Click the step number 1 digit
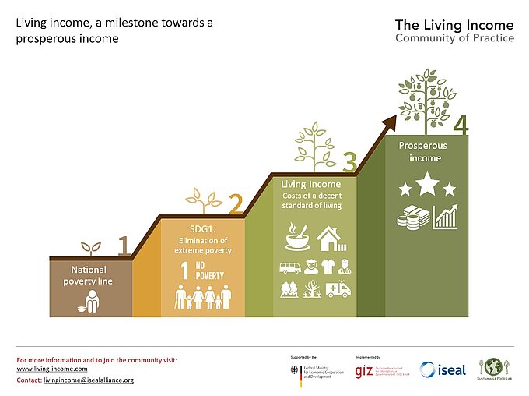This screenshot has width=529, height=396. click(123, 246)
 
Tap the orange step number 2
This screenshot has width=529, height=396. click(236, 204)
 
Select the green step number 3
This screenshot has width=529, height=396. click(349, 161)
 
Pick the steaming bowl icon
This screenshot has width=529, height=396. click(297, 237)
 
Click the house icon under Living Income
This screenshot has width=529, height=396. click(331, 238)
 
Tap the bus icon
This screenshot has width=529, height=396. click(289, 267)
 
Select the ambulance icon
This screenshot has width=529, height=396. click(339, 290)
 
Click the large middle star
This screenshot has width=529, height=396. click(426, 185)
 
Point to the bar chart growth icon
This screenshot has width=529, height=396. click(446, 217)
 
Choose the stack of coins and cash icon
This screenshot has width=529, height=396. click(412, 217)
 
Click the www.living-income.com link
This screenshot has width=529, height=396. click(51, 368)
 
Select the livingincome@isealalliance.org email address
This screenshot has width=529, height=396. click(89, 380)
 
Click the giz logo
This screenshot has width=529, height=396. click(363, 372)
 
